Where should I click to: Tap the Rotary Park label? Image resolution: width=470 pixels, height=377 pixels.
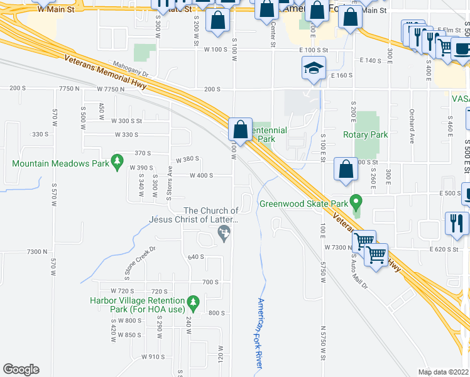click(365, 134)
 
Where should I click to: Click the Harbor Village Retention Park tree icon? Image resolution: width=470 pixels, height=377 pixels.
click(194, 303)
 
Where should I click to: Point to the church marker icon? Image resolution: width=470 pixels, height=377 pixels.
click(223, 234)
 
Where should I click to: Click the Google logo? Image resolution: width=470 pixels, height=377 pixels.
click(21, 369)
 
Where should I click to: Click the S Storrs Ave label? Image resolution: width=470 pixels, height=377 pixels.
click(170, 182)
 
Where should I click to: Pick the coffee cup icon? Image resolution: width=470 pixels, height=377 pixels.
click(462, 48)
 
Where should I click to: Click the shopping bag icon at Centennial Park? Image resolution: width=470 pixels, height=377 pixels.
click(241, 129)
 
